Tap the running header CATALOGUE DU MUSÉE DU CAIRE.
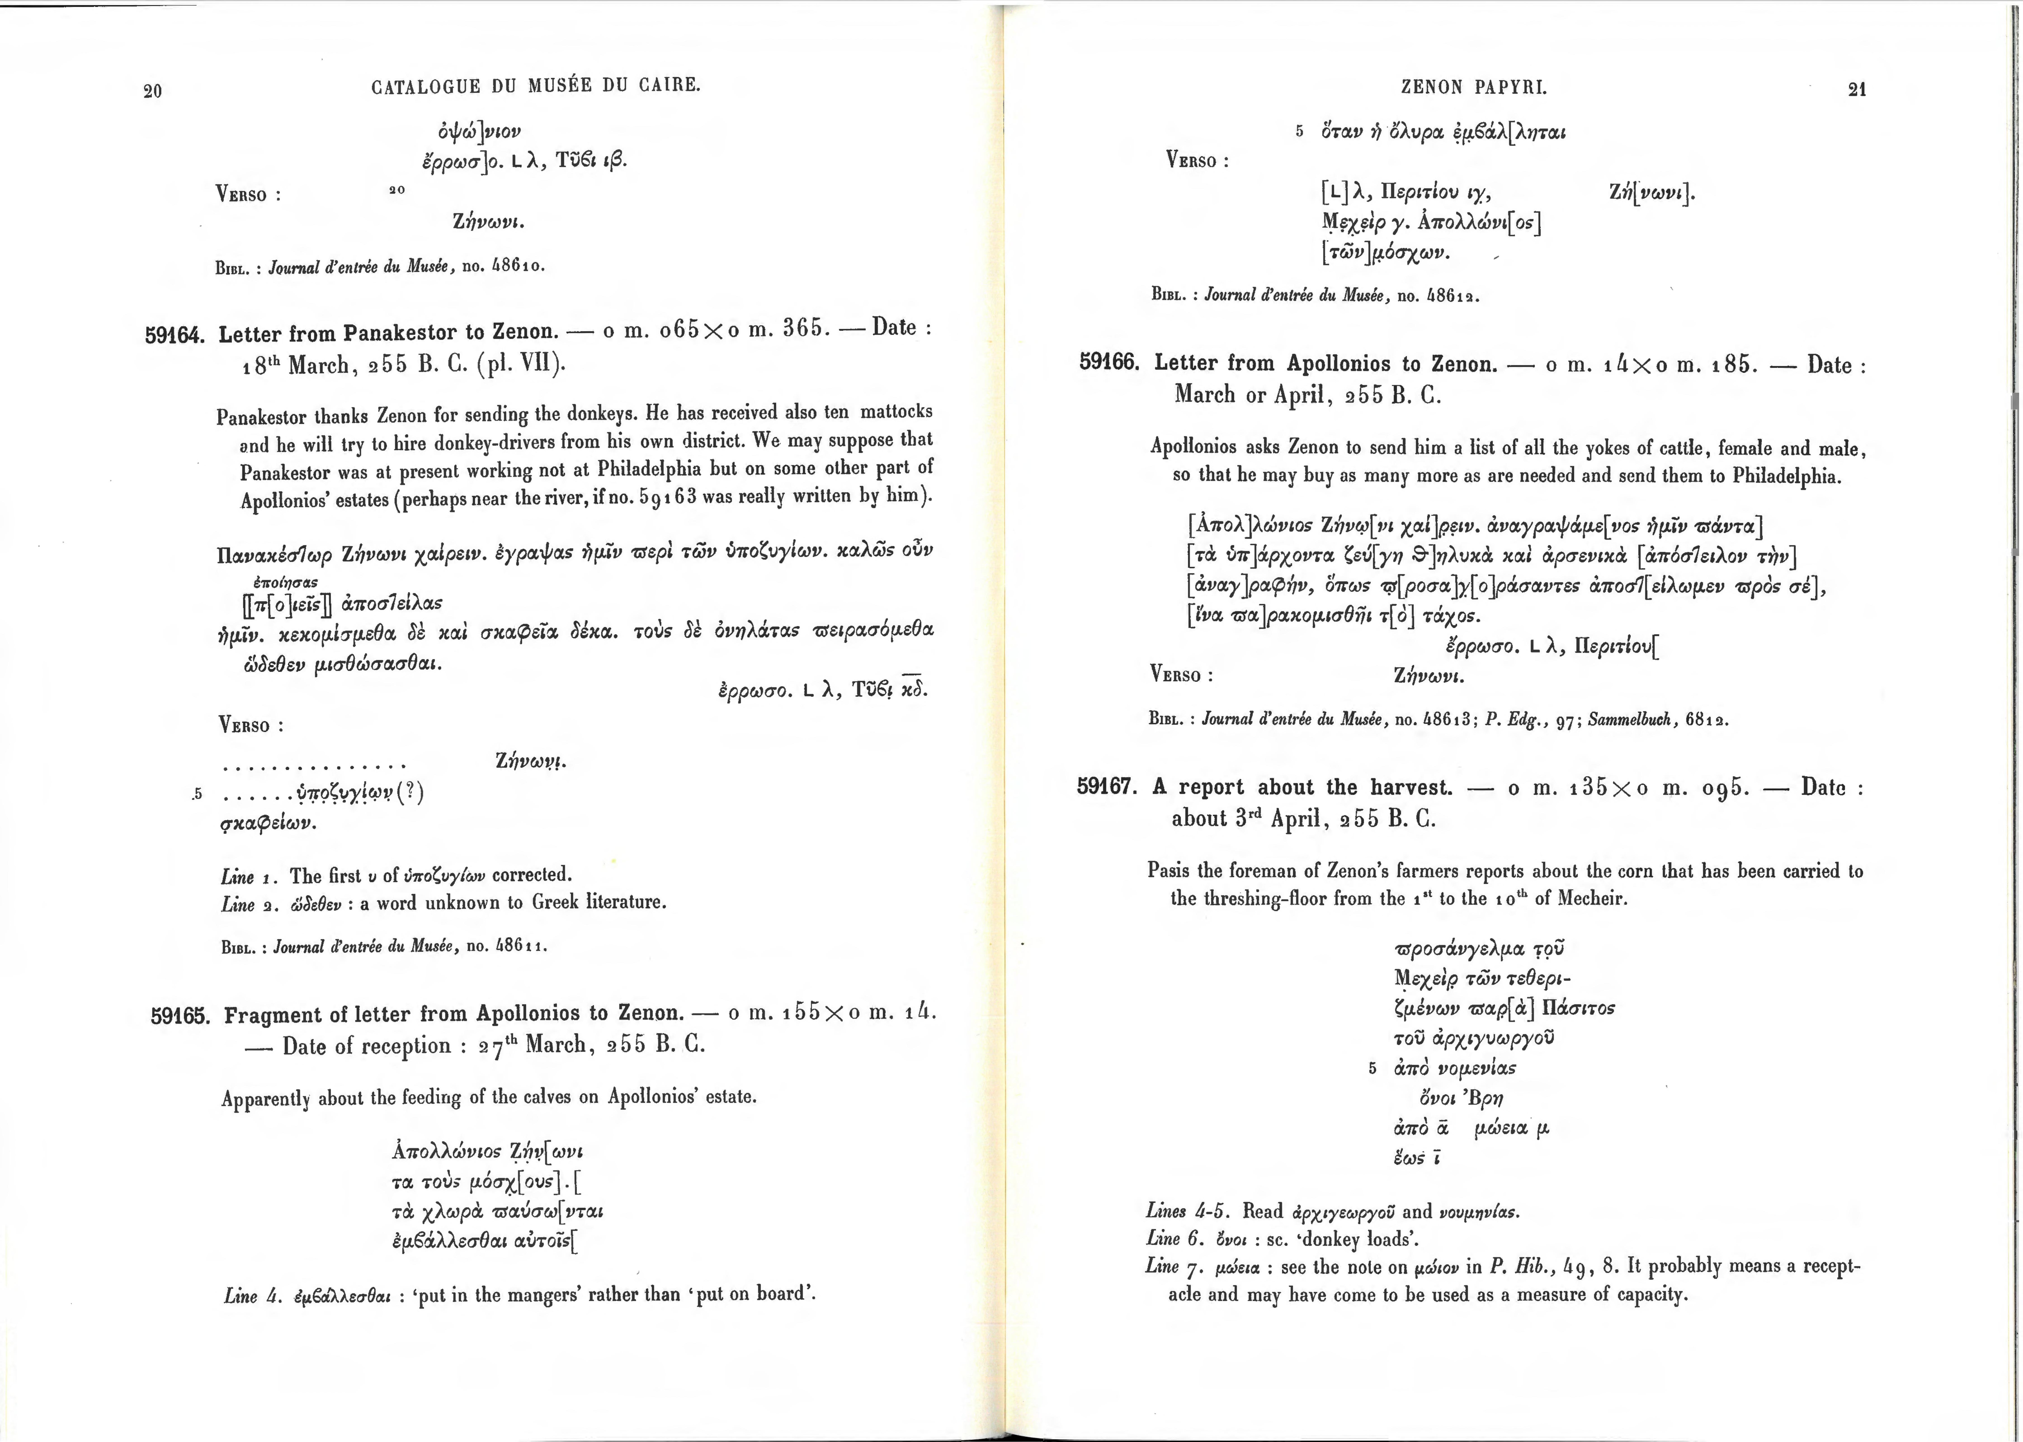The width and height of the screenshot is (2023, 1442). (536, 86)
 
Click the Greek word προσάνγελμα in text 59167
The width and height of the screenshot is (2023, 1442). (1460, 949)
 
